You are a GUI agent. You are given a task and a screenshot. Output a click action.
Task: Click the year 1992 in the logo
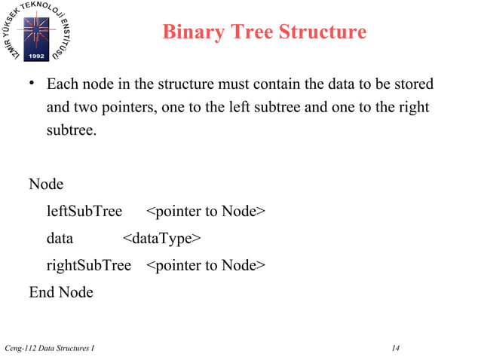pyautogui.click(x=37, y=56)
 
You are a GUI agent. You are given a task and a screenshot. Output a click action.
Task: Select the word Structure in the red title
pyautogui.click(x=321, y=32)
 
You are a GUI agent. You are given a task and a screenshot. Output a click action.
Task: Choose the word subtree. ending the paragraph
pyautogui.click(x=72, y=130)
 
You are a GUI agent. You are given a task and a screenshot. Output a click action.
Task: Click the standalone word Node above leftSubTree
pyautogui.click(x=46, y=184)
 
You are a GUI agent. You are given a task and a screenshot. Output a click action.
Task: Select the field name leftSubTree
pyautogui.click(x=84, y=211)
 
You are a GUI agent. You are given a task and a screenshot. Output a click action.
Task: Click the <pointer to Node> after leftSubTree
pyautogui.click(x=205, y=211)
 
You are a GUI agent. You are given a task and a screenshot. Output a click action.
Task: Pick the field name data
pyautogui.click(x=60, y=239)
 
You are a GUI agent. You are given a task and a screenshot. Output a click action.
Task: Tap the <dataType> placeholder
pyautogui.click(x=161, y=239)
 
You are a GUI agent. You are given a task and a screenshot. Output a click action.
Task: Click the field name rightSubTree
pyautogui.click(x=88, y=265)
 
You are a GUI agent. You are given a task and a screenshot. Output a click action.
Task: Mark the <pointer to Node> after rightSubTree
pyautogui.click(x=205, y=265)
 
